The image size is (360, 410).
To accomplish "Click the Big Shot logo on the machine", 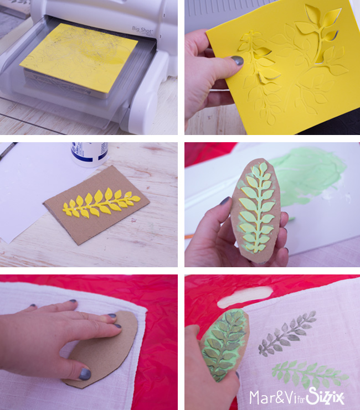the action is click(x=142, y=30).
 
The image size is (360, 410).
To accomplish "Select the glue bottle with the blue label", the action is click(x=90, y=154).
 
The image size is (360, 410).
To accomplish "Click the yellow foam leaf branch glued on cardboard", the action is click(x=101, y=203).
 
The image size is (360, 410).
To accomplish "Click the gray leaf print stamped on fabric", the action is click(x=287, y=334).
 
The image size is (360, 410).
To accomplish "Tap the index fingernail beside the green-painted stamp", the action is click(x=225, y=201).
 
